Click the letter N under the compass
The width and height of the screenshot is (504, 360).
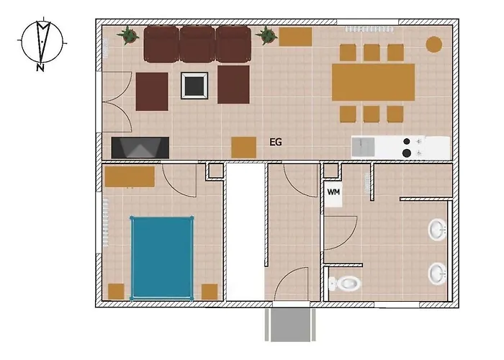(x=40, y=68)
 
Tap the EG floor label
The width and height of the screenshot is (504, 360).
(x=276, y=142)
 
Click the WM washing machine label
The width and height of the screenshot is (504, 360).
(x=333, y=192)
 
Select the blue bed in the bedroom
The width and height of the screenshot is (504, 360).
(x=162, y=258)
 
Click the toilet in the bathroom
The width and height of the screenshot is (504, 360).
(x=344, y=284)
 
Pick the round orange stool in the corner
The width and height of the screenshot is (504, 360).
(x=434, y=45)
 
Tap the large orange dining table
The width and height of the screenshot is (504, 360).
(x=373, y=82)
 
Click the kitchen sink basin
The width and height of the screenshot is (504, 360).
(x=363, y=147)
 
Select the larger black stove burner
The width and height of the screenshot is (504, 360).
(x=407, y=153)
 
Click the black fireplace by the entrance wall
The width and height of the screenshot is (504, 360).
(x=140, y=148)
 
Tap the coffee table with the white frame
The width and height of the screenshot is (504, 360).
(x=194, y=86)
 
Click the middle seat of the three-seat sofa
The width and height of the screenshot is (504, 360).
(x=197, y=44)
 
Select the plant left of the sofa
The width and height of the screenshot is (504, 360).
(x=128, y=35)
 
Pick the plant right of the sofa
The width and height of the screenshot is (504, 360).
(x=266, y=35)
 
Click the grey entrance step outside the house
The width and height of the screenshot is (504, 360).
(x=290, y=325)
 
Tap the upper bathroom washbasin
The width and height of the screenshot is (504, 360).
(x=438, y=230)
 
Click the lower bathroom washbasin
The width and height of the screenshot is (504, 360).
(x=438, y=274)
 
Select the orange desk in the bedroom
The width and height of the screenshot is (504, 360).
(x=130, y=176)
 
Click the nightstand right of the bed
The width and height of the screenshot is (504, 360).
(x=210, y=292)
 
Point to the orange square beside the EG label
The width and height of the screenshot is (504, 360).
(x=243, y=148)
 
